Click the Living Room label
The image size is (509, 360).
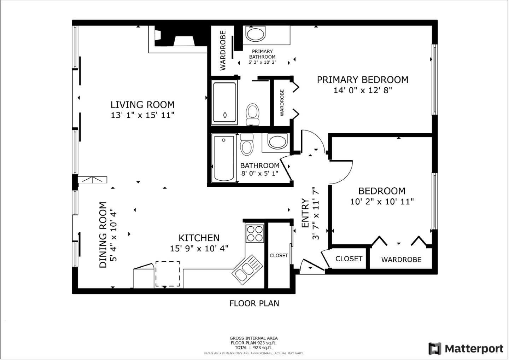click(x=142, y=105)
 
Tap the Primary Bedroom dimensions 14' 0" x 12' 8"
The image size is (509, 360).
click(x=363, y=90)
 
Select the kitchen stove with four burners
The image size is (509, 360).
click(x=255, y=233)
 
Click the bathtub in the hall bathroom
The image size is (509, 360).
click(x=224, y=158)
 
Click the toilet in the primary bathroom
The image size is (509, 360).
click(x=252, y=114)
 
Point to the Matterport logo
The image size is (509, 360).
click(x=466, y=348)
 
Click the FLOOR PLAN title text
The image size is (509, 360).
click(x=254, y=303)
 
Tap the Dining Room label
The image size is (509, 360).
click(x=103, y=235)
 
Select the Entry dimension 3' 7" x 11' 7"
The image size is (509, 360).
click(x=316, y=213)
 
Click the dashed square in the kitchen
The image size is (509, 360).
click(x=168, y=274)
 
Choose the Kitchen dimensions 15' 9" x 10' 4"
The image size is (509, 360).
click(x=199, y=249)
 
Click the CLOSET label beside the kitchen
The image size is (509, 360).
click(x=279, y=255)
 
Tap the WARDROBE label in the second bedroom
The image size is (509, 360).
click(x=401, y=260)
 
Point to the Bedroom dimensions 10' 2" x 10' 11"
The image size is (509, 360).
click(x=382, y=202)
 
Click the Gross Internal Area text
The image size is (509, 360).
click(x=253, y=338)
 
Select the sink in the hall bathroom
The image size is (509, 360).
click(x=277, y=142)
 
